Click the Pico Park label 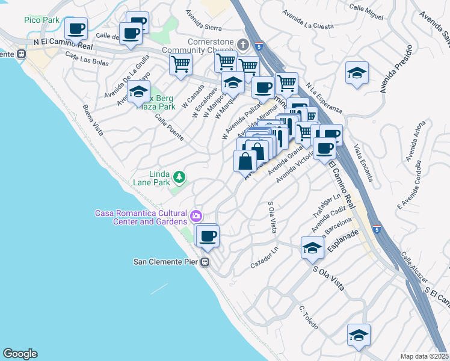click(x=42, y=20)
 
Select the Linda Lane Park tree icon click(x=179, y=177)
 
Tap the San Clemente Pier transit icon click(x=205, y=262)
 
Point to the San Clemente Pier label click(x=166, y=262)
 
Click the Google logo click(x=20, y=354)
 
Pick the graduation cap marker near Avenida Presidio click(x=357, y=73)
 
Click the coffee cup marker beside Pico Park click(x=76, y=28)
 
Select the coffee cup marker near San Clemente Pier click(x=208, y=235)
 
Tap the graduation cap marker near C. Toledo click(x=359, y=335)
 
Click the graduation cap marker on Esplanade click(x=312, y=247)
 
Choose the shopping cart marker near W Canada click(x=180, y=63)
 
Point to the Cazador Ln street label click(x=265, y=257)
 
